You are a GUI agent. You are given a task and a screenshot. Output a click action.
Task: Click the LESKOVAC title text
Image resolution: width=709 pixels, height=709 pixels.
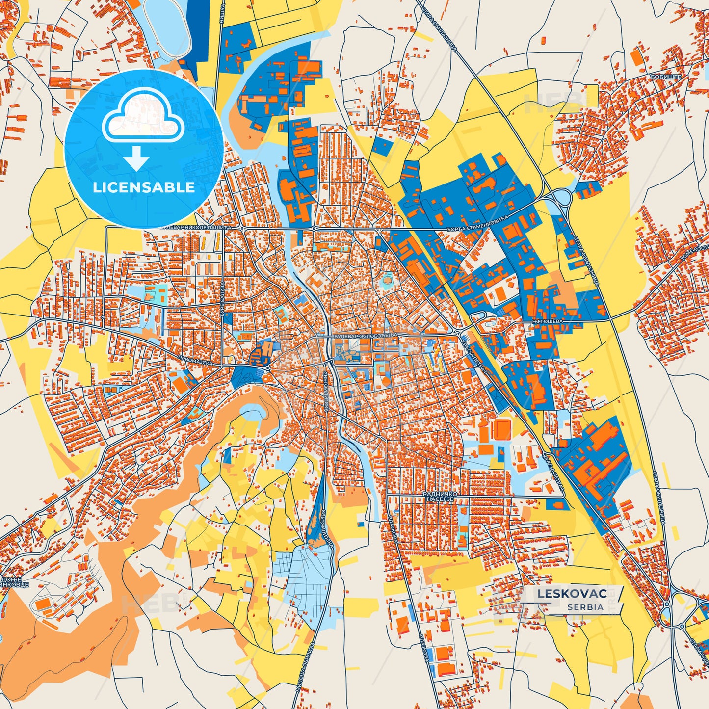click(x=572, y=594)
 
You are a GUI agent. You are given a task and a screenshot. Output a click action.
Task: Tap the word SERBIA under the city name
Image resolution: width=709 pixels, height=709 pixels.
click(x=585, y=607)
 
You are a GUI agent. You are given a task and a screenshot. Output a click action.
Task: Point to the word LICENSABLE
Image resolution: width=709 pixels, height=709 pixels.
click(x=144, y=187)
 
